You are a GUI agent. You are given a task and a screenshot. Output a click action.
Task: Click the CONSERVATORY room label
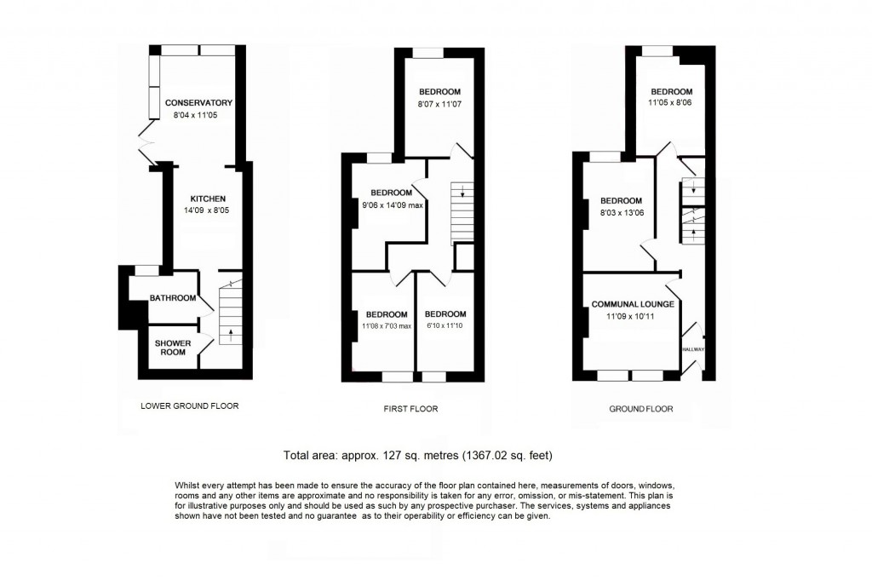pyautogui.click(x=198, y=103)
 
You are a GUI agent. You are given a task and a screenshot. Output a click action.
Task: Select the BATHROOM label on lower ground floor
pyautogui.click(x=172, y=298)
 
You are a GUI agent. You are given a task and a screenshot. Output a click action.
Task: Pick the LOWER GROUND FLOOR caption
pyautogui.click(x=189, y=406)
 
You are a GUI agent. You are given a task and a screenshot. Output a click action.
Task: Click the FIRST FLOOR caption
pyautogui.click(x=410, y=409)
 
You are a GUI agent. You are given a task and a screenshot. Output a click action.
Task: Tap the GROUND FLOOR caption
pyautogui.click(x=640, y=409)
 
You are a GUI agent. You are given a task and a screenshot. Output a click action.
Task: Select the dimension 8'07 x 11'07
pyautogui.click(x=439, y=104)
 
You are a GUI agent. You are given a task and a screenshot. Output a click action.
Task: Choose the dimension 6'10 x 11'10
pyautogui.click(x=445, y=325)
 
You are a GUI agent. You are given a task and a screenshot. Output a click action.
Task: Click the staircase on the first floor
pyautogui.click(x=460, y=213)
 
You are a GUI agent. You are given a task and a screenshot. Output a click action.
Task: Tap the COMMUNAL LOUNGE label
pyautogui.click(x=633, y=304)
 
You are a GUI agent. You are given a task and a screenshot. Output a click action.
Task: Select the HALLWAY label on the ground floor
pyautogui.click(x=693, y=349)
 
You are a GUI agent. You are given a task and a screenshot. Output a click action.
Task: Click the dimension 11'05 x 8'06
pyautogui.click(x=671, y=104)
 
